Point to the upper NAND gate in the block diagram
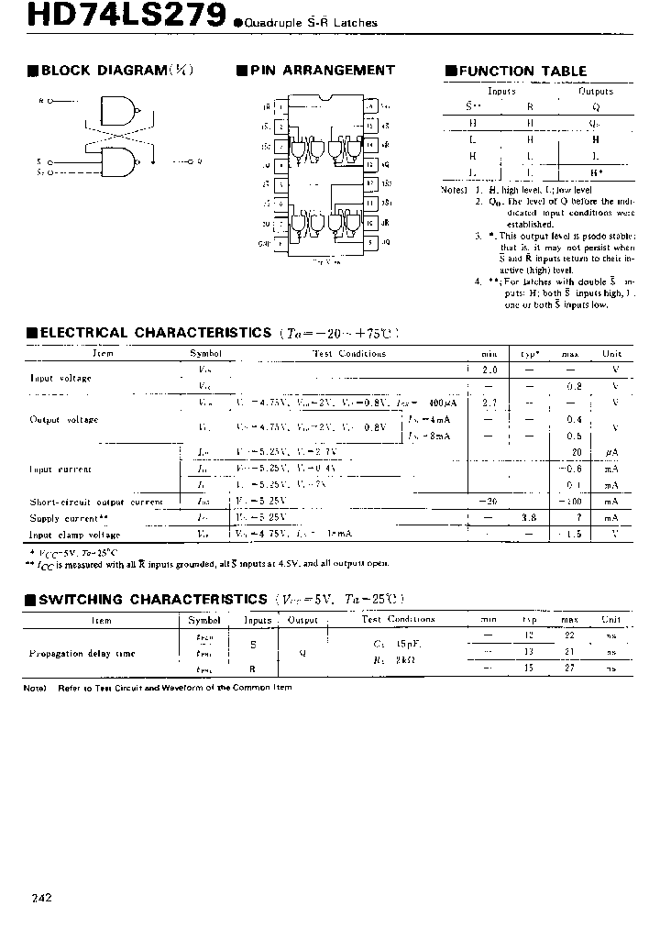pos(115,109)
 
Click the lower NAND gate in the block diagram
pos(115,163)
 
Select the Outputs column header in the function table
pos(595,91)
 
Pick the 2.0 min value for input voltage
pos(489,370)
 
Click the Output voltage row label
pos(64,420)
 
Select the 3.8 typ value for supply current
pos(529,517)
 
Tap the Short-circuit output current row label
pos(96,502)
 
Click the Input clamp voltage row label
pos(74,535)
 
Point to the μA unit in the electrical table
pos(610,452)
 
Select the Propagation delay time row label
pos(82,654)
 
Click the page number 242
pos(38,898)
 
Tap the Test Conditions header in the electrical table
pos(348,354)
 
